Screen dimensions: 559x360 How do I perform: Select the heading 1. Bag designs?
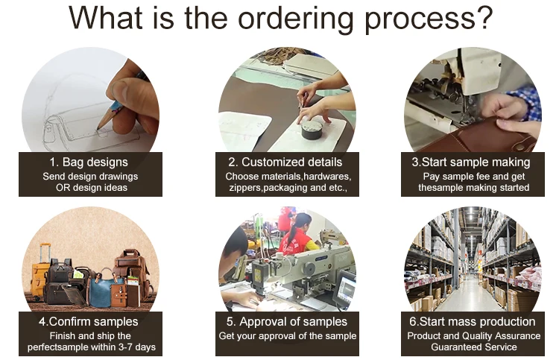click(89, 162)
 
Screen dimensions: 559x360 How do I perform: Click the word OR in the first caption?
click(63, 188)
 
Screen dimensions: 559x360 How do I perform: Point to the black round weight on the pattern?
click(312, 130)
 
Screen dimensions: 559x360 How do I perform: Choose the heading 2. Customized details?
click(285, 162)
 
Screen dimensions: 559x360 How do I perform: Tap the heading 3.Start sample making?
click(471, 162)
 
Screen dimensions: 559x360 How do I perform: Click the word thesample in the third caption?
click(440, 188)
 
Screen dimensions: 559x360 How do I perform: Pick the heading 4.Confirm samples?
click(89, 322)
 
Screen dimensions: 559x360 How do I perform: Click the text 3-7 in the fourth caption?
click(132, 347)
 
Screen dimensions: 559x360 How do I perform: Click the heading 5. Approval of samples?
click(287, 322)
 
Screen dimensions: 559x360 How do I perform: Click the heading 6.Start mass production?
click(473, 322)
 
